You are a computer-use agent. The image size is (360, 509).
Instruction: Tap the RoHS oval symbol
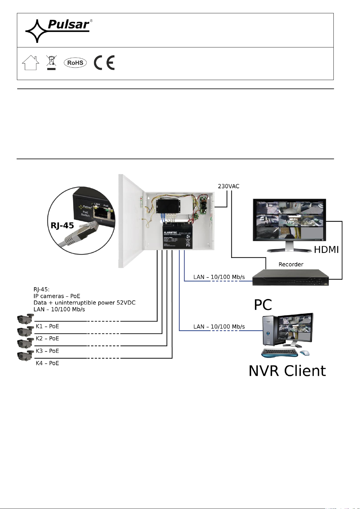[x=75, y=63]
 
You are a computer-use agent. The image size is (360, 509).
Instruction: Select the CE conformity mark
[x=104, y=63]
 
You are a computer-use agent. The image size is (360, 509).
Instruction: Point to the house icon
[x=31, y=63]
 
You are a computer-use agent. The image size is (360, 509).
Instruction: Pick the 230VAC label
[x=229, y=186]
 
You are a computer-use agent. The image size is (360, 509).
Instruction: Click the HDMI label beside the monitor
[x=326, y=250]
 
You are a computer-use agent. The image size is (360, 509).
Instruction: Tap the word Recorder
[x=291, y=265]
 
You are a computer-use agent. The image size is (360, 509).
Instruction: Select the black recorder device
[x=290, y=278]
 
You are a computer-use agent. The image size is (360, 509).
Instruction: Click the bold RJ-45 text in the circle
[x=63, y=225]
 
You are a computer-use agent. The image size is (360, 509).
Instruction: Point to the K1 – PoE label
[x=47, y=326]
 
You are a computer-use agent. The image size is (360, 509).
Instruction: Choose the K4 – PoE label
[x=47, y=363]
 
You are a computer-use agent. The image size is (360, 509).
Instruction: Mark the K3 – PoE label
[x=47, y=351]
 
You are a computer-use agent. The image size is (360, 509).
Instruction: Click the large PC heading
[x=263, y=305]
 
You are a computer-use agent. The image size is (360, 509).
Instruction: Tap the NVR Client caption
[x=287, y=371]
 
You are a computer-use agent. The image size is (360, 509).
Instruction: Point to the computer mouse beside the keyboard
[x=305, y=353]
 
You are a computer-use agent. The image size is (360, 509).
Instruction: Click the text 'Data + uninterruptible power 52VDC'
[x=85, y=303]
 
